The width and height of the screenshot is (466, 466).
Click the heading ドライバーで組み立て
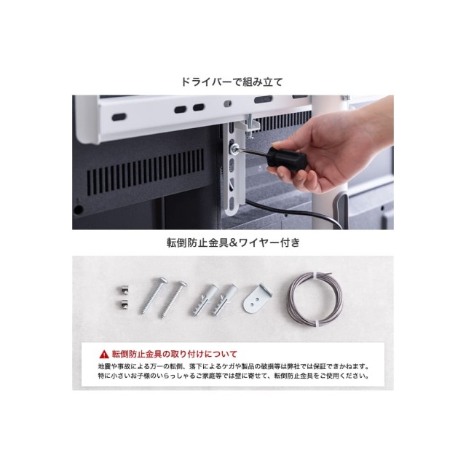click(x=232, y=82)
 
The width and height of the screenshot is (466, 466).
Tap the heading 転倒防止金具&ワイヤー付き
click(x=233, y=242)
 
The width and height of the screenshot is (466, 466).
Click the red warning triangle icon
click(x=104, y=355)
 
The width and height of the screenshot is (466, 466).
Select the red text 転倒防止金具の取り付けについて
click(x=175, y=355)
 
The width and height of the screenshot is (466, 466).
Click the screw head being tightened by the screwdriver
click(x=235, y=147)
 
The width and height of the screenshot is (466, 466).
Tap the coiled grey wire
click(x=315, y=299)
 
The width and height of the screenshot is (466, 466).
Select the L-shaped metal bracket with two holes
click(x=257, y=298)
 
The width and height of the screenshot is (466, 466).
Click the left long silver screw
click(x=154, y=296)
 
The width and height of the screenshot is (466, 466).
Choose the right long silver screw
click(x=174, y=299)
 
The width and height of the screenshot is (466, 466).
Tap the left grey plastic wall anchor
click(x=205, y=299)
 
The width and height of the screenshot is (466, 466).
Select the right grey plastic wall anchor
click(x=225, y=299)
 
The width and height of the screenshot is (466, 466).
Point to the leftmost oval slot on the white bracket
click(x=119, y=116)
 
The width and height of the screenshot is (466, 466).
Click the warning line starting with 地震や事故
click(x=234, y=366)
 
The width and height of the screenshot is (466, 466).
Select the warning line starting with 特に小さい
click(x=234, y=376)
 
